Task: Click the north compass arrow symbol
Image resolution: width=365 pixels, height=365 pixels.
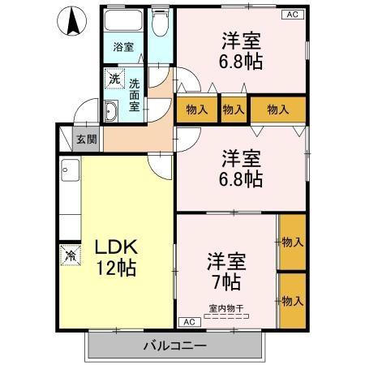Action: [x=71, y=20]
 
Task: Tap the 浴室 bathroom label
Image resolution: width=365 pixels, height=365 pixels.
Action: [x=123, y=48]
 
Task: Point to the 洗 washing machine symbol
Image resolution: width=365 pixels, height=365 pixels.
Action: [x=114, y=79]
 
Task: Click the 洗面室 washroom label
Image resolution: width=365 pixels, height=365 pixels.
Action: [x=134, y=92]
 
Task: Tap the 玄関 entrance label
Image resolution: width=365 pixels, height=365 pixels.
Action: [x=87, y=139]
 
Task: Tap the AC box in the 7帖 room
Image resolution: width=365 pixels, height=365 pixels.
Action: [x=187, y=321]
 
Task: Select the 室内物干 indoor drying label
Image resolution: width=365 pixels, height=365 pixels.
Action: [x=227, y=307]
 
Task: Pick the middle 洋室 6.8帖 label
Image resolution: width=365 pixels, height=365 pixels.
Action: [x=242, y=169]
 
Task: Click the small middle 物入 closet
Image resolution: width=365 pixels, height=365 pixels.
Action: [x=234, y=109]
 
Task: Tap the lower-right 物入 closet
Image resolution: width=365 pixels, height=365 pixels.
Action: [x=292, y=300]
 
